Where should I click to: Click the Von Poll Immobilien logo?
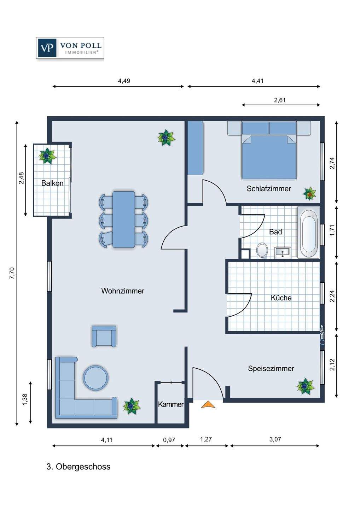(x=70, y=48)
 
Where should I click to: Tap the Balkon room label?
(x=52, y=183)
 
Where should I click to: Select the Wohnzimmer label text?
(x=123, y=291)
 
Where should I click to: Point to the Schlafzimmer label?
(x=269, y=189)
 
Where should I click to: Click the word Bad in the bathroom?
(x=275, y=232)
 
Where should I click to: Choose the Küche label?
(x=281, y=298)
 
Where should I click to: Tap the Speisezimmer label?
(x=271, y=368)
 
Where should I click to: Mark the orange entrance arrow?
(x=208, y=404)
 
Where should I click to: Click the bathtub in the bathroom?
(x=309, y=232)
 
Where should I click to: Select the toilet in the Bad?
(x=262, y=251)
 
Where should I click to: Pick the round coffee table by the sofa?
(x=95, y=378)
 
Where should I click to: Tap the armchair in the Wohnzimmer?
(x=104, y=336)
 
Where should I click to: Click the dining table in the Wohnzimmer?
(x=124, y=220)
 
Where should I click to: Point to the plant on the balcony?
(x=47, y=156)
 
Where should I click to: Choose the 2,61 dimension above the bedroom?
(x=280, y=100)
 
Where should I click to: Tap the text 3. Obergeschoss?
(x=79, y=467)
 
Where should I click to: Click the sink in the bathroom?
(x=283, y=252)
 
